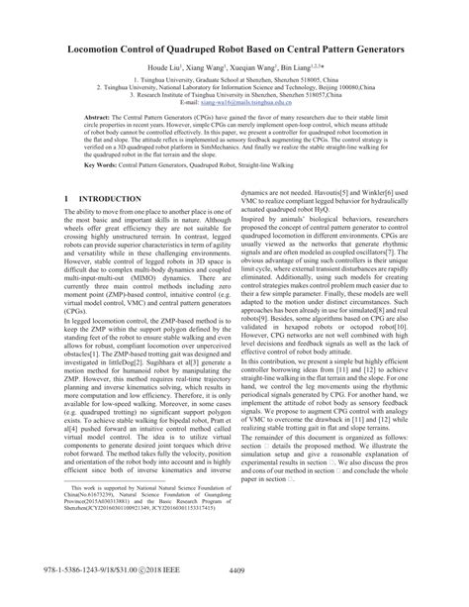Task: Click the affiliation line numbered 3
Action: (x=234, y=94)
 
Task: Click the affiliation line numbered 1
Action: (x=234, y=78)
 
